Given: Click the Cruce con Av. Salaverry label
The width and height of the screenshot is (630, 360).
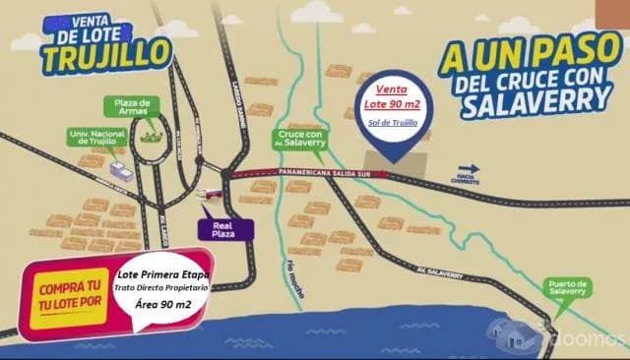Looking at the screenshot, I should point(300,141).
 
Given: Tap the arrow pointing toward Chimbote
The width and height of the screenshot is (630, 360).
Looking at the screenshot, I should point(469,168).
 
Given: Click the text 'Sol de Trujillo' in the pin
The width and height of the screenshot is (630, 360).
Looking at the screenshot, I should point(392,122).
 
